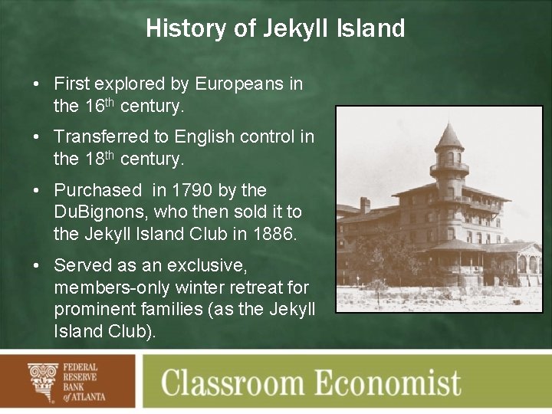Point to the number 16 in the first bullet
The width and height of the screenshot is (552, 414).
pos(94,107)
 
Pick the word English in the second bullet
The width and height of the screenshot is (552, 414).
pos(203,136)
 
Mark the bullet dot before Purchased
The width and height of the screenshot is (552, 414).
pos(37,190)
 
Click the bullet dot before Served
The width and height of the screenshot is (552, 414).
pos(37,265)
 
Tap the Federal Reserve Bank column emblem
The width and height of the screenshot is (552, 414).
pos(43,381)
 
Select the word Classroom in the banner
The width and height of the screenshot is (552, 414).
pos(244,382)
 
